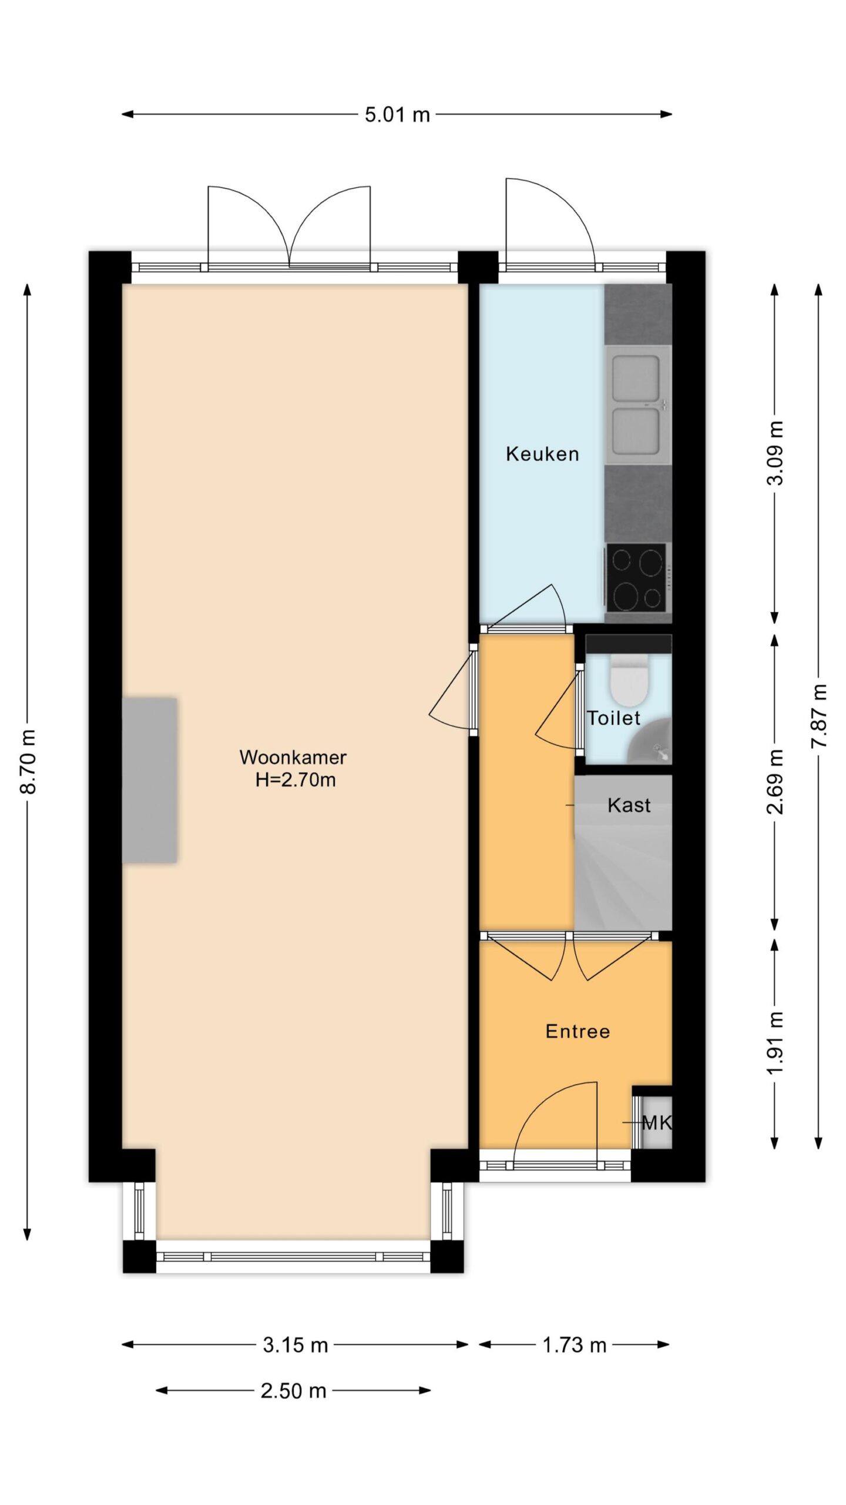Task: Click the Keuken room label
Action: pyautogui.click(x=542, y=454)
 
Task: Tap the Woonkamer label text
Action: pyautogui.click(x=293, y=757)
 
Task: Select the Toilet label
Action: pyautogui.click(x=614, y=718)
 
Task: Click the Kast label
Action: pyautogui.click(x=629, y=805)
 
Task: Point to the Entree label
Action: pyautogui.click(x=578, y=1031)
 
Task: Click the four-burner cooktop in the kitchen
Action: pyautogui.click(x=637, y=577)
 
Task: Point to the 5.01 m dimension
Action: pyautogui.click(x=397, y=115)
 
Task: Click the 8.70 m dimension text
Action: pyautogui.click(x=28, y=761)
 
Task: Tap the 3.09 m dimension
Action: pyautogui.click(x=775, y=453)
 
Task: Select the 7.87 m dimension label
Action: pyautogui.click(x=818, y=716)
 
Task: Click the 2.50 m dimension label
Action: pyautogui.click(x=293, y=1390)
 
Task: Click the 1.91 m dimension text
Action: pyautogui.click(x=775, y=1044)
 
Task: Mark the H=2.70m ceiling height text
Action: pyautogui.click(x=296, y=780)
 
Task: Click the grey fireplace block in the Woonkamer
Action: pyautogui.click(x=150, y=780)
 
